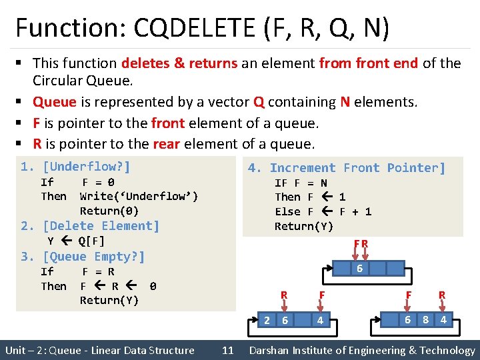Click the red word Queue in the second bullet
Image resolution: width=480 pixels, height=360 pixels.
[x=55, y=102]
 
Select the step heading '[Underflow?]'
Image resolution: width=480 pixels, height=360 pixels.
[x=86, y=166]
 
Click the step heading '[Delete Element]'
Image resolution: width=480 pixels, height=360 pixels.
[x=101, y=226]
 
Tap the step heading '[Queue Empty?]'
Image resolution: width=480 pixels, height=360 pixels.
[x=93, y=257]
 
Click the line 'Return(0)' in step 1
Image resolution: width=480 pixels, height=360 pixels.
[x=109, y=211]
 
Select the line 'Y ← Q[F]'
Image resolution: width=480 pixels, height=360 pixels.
[x=76, y=241]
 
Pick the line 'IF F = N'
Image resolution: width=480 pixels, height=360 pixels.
[x=301, y=183]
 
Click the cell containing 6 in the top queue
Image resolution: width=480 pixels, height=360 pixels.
[x=359, y=269]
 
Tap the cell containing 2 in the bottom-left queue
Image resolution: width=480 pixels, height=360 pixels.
[x=267, y=320]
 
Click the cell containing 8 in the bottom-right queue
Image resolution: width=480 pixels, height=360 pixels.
[x=425, y=320]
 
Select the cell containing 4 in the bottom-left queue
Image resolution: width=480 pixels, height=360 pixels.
[x=320, y=320]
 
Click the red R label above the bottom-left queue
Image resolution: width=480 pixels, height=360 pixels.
[x=284, y=295]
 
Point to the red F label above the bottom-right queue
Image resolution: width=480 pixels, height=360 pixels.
[x=408, y=295]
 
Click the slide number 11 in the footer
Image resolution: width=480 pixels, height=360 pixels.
[x=228, y=350]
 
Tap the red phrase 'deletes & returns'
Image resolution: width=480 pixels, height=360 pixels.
[x=179, y=63]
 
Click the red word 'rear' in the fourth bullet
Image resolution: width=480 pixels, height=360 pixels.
[x=167, y=144]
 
